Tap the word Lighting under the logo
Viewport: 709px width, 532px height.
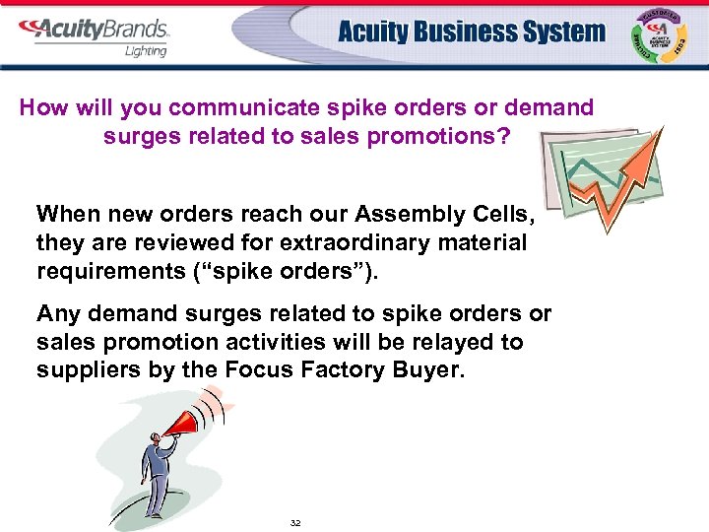coord(146,50)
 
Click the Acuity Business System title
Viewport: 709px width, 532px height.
coord(472,32)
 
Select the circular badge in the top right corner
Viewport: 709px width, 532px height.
coord(661,35)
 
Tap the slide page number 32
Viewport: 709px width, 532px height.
coord(295,522)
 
